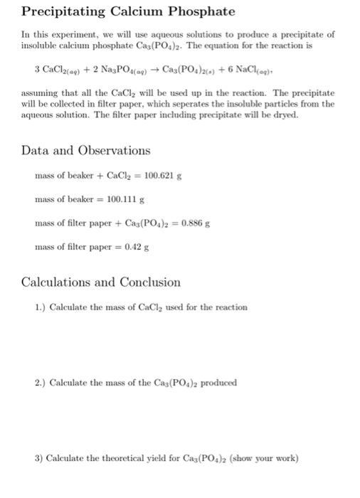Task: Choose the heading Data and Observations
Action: click(86, 150)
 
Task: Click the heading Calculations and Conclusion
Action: click(100, 282)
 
